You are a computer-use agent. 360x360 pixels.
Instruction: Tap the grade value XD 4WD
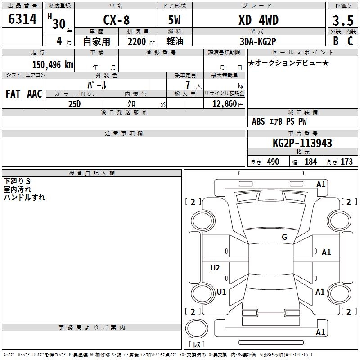coord(258,20)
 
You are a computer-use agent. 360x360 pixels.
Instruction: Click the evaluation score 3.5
coord(342,21)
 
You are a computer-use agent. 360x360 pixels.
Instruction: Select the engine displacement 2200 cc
coord(137,42)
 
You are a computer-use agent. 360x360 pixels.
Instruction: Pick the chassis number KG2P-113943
coord(302,144)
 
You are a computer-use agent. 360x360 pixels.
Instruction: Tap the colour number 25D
coord(74,104)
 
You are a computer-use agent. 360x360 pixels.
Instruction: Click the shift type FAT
coord(13,94)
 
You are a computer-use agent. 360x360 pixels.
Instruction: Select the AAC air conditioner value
coord(35,94)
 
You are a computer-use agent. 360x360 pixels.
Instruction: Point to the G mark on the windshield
coord(284,237)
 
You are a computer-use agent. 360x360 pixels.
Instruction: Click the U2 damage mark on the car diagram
coord(215,268)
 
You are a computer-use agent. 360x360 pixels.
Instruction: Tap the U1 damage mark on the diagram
coord(221,292)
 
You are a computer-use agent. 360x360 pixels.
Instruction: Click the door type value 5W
coord(175,20)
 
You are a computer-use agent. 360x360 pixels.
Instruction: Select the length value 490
coord(273,162)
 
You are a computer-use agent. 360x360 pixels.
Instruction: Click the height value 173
coord(346,162)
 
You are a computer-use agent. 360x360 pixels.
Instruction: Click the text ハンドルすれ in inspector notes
coord(24,197)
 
